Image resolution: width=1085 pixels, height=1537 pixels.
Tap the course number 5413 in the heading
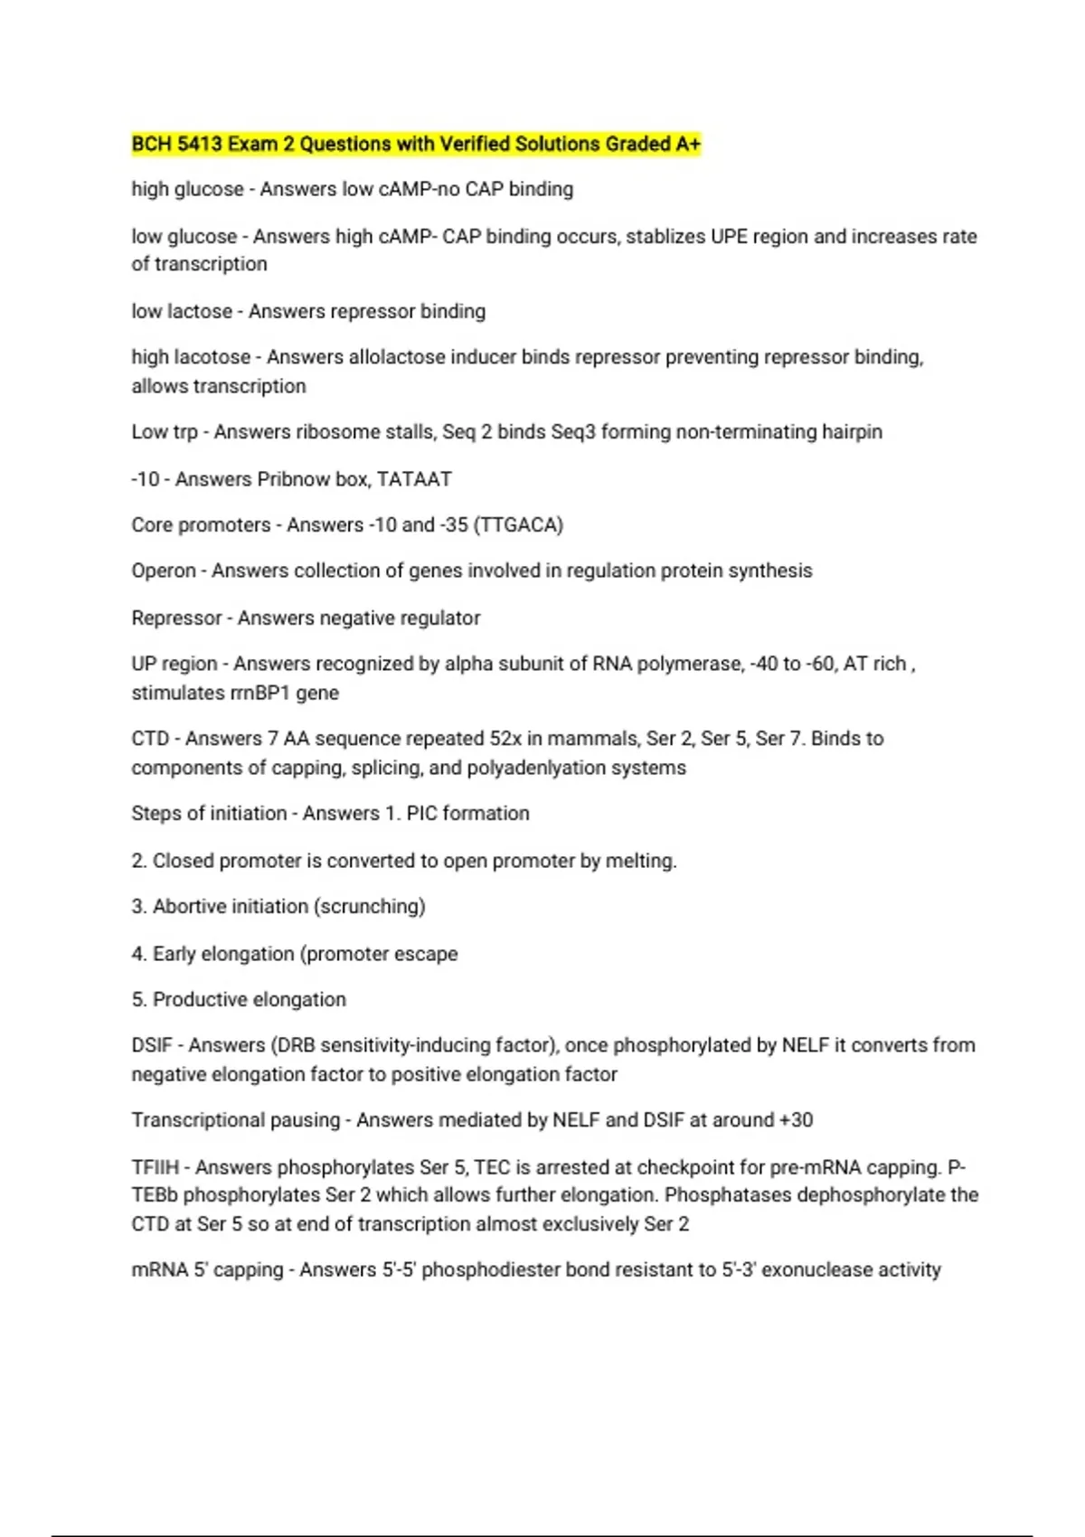(200, 144)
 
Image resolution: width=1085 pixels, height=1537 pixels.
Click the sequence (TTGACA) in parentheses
(518, 525)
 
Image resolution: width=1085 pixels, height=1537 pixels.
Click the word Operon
(164, 571)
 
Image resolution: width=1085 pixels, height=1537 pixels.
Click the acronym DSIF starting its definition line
(152, 1046)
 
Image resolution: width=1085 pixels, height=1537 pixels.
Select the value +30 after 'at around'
(796, 1120)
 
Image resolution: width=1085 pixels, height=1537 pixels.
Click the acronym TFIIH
(156, 1167)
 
